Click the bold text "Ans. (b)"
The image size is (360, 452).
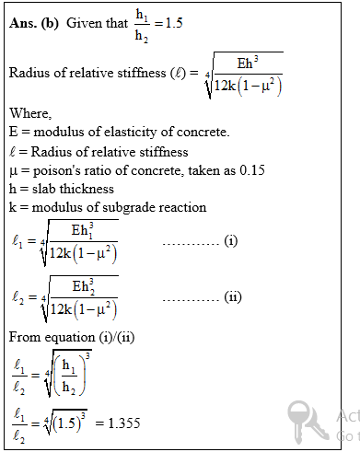[34, 23]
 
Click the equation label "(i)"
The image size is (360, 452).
[230, 241]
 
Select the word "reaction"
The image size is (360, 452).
[185, 207]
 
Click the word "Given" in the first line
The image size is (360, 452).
[85, 23]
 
